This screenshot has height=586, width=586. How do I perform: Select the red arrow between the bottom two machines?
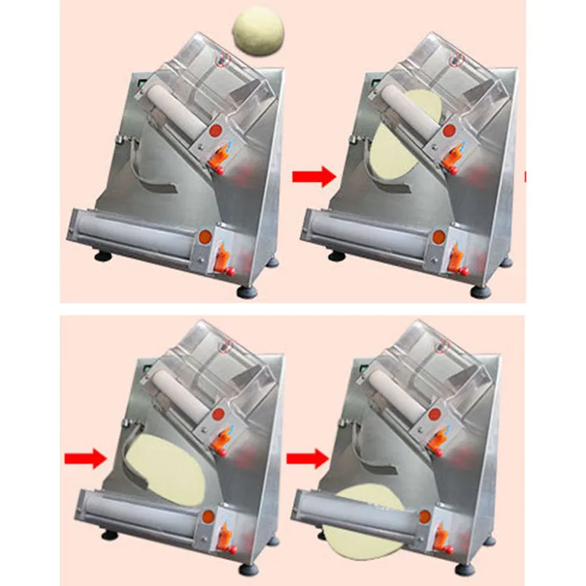(306, 459)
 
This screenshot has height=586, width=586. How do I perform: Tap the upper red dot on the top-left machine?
(216, 129)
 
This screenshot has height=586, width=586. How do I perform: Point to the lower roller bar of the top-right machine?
(367, 227)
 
